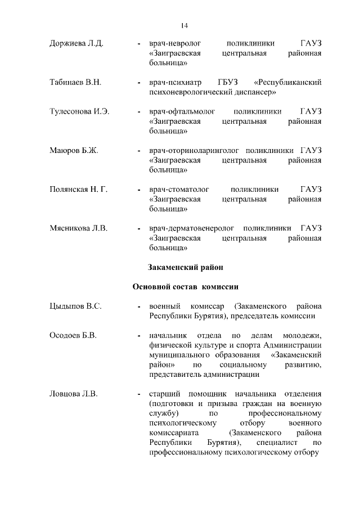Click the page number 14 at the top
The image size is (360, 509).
click(184, 25)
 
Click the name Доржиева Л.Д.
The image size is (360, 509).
click(76, 43)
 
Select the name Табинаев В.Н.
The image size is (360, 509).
click(75, 83)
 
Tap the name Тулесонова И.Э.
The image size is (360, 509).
click(79, 112)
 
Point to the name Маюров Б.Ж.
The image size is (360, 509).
click(74, 151)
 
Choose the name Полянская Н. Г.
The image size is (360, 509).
click(78, 190)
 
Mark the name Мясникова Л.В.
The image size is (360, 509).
click(79, 228)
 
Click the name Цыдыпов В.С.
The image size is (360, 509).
click(75, 307)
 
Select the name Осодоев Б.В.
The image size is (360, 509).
click(74, 336)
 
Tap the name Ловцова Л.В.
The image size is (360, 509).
click(74, 394)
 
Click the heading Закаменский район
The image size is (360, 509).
click(186, 267)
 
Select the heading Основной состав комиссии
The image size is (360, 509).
click(186, 287)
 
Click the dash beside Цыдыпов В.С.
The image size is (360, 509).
click(139, 307)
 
